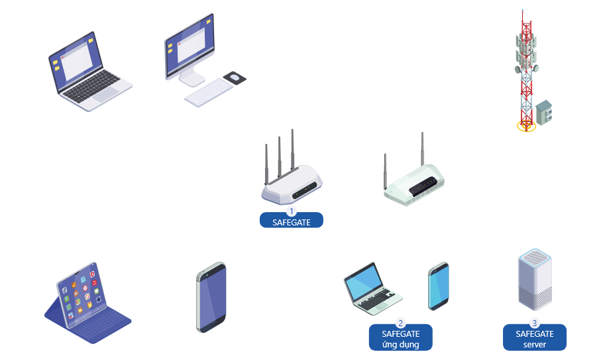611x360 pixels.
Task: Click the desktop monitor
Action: pyautogui.click(x=190, y=46)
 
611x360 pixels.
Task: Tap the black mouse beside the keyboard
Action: pyautogui.click(x=235, y=78)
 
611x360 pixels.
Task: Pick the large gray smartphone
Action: pyautogui.click(x=211, y=297)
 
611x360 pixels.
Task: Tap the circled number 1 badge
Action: pyautogui.click(x=291, y=210)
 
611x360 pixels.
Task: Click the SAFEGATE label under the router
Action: pyautogui.click(x=291, y=222)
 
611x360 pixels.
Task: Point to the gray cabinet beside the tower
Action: pyautogui.click(x=544, y=112)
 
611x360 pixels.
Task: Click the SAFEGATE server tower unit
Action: pyautogui.click(x=534, y=278)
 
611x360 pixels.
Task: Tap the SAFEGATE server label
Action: pyautogui.click(x=535, y=339)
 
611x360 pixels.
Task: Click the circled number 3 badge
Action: pyautogui.click(x=535, y=323)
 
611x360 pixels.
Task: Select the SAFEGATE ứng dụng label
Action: pyautogui.click(x=400, y=339)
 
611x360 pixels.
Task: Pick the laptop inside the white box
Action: pyautogui.click(x=372, y=289)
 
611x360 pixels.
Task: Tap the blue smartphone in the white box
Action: pyautogui.click(x=439, y=286)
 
